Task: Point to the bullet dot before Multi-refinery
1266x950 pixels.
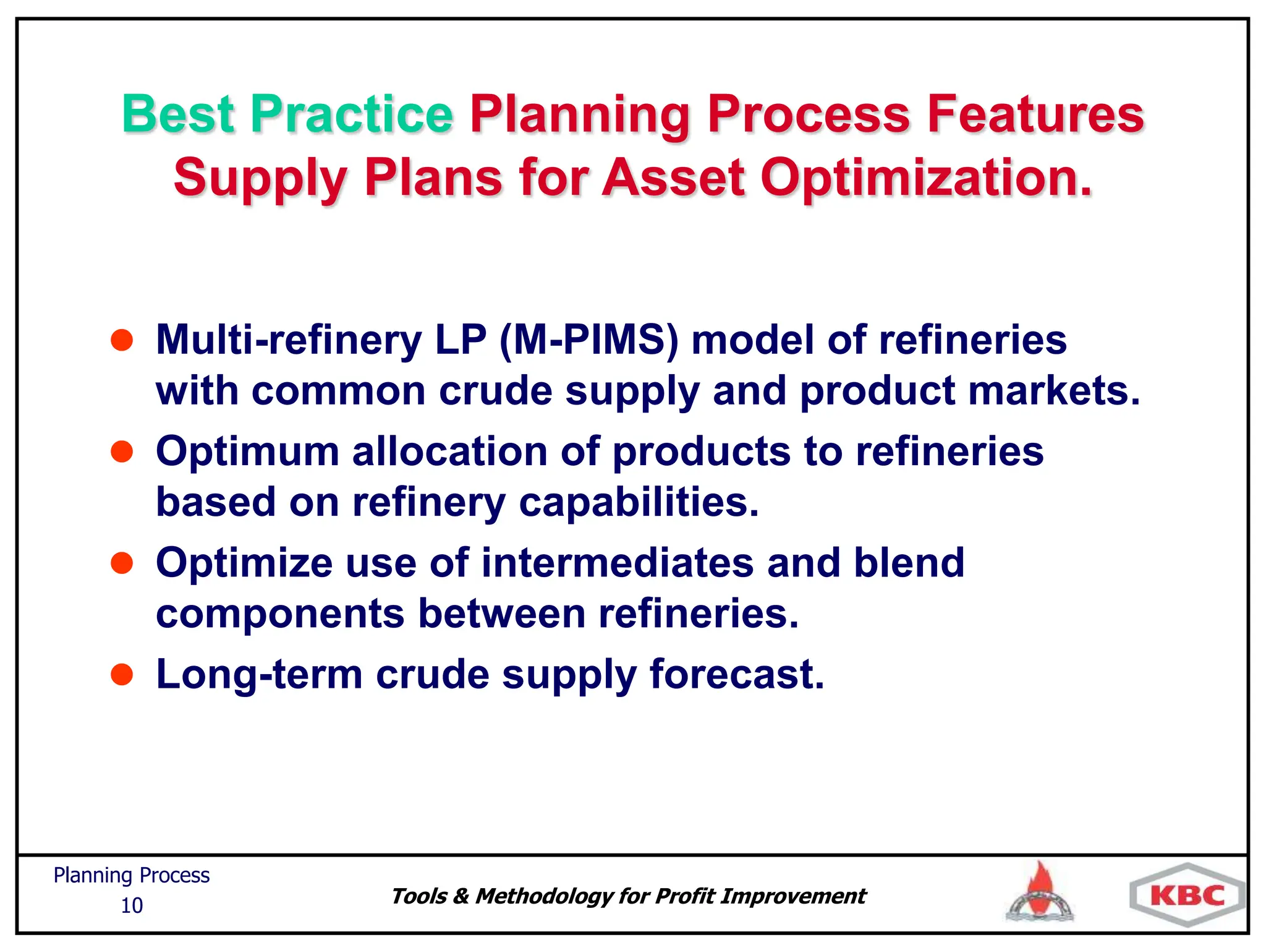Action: coord(122,340)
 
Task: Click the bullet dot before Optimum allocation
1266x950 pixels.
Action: coord(122,451)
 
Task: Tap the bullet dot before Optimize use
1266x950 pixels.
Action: coord(122,563)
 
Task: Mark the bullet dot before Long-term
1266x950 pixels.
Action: coord(122,674)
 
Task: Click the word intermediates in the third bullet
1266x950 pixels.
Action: coord(618,563)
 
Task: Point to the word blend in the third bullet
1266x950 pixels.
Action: coord(909,563)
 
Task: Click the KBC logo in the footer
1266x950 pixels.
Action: coord(1187,896)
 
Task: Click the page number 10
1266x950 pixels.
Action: coord(131,905)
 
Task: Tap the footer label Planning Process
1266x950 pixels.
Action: coord(131,875)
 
